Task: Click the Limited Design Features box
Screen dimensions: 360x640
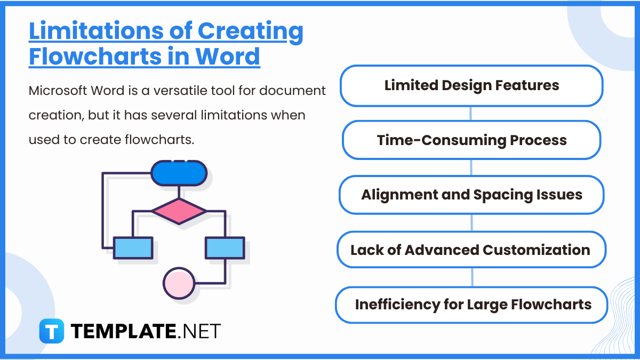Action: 471,85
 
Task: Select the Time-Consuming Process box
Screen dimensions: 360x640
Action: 471,140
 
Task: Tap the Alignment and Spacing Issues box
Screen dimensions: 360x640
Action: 471,195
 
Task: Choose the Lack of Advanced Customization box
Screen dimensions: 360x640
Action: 471,250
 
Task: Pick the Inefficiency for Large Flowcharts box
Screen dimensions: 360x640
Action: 471,305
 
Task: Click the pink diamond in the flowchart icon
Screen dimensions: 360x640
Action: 179,211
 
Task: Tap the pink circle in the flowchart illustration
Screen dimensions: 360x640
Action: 179,282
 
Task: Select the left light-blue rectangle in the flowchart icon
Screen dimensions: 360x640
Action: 133,248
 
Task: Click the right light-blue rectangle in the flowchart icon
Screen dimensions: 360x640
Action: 225,248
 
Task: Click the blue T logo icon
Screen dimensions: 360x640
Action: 52,331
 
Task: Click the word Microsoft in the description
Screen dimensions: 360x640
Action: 55,91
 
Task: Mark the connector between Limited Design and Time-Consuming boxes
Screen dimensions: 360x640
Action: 471,113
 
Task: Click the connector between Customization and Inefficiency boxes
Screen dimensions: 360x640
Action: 472,277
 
